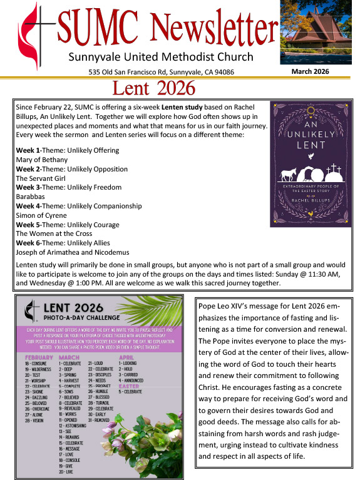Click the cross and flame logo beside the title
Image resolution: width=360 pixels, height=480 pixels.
click(29, 38)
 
